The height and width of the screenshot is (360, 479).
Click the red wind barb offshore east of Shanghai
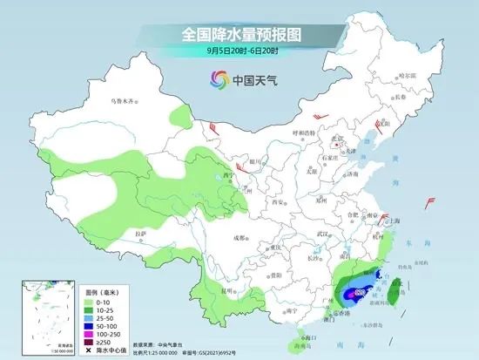[x=428, y=203]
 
